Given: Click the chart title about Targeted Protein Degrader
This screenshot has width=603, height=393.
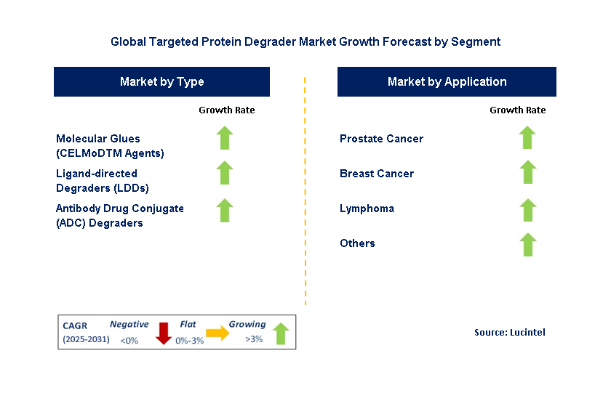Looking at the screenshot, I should (306, 41).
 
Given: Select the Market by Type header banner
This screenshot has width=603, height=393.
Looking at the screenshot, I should (161, 82).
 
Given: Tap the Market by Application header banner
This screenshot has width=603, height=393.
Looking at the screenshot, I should (447, 82).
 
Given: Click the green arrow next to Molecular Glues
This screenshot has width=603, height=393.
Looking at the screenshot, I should (225, 138).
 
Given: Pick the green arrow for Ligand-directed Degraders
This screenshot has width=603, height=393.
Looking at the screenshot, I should (225, 173).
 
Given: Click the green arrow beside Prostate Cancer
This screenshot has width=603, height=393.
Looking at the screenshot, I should (527, 137).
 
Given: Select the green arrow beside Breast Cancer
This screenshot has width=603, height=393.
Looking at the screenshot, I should (527, 173).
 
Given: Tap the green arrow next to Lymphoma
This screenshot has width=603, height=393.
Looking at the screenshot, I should (527, 209).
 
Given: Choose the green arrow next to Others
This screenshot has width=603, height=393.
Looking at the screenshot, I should (527, 244).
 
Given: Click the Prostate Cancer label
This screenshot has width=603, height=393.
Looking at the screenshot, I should (381, 139).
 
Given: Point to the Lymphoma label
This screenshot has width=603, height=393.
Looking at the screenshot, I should (367, 208).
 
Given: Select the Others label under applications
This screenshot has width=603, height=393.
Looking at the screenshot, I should (357, 243).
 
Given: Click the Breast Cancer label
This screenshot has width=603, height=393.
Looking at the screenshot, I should (376, 174).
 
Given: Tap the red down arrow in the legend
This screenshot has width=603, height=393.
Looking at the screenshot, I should (164, 333).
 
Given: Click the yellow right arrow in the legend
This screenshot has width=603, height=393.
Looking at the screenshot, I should (217, 333).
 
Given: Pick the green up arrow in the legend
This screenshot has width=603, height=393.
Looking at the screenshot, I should (280, 333).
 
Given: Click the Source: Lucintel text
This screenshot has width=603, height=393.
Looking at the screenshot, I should (509, 332).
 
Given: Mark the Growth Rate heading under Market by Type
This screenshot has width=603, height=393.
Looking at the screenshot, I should (227, 110).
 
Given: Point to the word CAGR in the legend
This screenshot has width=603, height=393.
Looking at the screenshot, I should (75, 326).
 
